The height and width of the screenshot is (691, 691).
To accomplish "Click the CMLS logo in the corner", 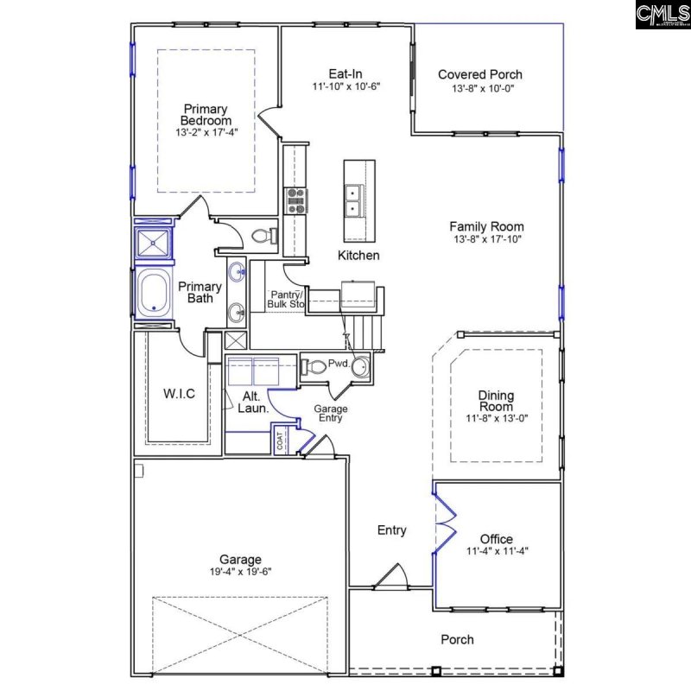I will (x=662, y=15).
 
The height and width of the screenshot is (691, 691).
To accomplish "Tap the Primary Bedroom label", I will (x=205, y=115).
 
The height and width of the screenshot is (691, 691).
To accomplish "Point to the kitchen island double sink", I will (x=353, y=201).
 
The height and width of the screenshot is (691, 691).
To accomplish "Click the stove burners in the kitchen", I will (x=296, y=200).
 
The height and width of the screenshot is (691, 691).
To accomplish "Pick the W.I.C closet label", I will (x=179, y=394).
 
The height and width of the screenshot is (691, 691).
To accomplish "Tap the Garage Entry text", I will (x=330, y=413).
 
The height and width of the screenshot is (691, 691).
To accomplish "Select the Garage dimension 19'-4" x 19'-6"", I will (x=240, y=572).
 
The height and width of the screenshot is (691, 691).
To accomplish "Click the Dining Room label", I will (x=496, y=401).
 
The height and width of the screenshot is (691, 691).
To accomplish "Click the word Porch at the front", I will (x=457, y=639).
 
